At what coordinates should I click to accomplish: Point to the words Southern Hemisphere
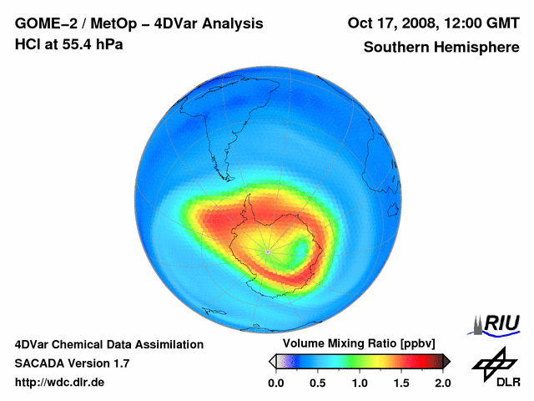click(x=441, y=48)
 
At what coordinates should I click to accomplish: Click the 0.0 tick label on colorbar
click(x=275, y=383)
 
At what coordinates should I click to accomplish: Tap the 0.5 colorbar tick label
click(x=317, y=383)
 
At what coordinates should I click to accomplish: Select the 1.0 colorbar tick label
click(x=359, y=383)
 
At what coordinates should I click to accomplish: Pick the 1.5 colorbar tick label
click(x=400, y=383)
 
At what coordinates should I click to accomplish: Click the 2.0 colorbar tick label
click(x=442, y=383)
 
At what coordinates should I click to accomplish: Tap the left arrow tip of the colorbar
click(x=270, y=361)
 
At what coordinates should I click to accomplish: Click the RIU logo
click(x=499, y=323)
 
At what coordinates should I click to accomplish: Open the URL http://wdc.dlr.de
click(x=60, y=383)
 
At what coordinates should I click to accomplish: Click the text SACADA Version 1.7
click(x=72, y=363)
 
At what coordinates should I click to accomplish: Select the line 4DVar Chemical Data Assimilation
click(x=108, y=344)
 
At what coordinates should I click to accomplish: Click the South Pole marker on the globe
click(x=266, y=251)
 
